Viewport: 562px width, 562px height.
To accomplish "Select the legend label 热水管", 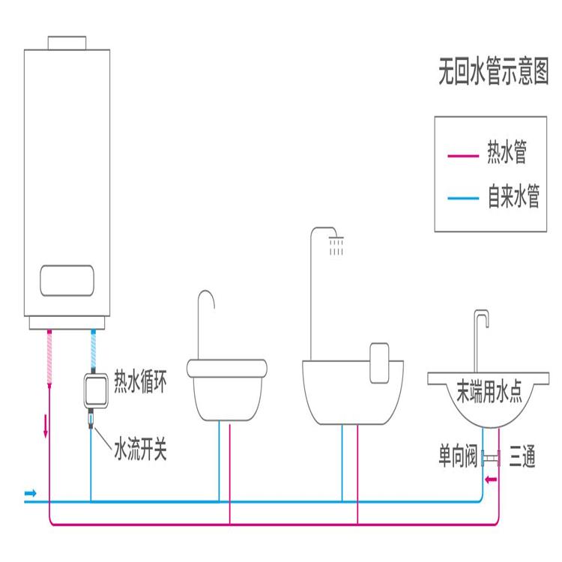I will pyautogui.click(x=507, y=154).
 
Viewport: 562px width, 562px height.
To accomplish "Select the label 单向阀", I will pyautogui.click(x=459, y=456).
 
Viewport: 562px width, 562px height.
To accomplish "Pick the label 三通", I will pyautogui.click(x=522, y=456).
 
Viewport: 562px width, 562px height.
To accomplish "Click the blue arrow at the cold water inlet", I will pyautogui.click(x=30, y=493).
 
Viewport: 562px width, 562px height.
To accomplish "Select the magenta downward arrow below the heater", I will pyautogui.click(x=49, y=426).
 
